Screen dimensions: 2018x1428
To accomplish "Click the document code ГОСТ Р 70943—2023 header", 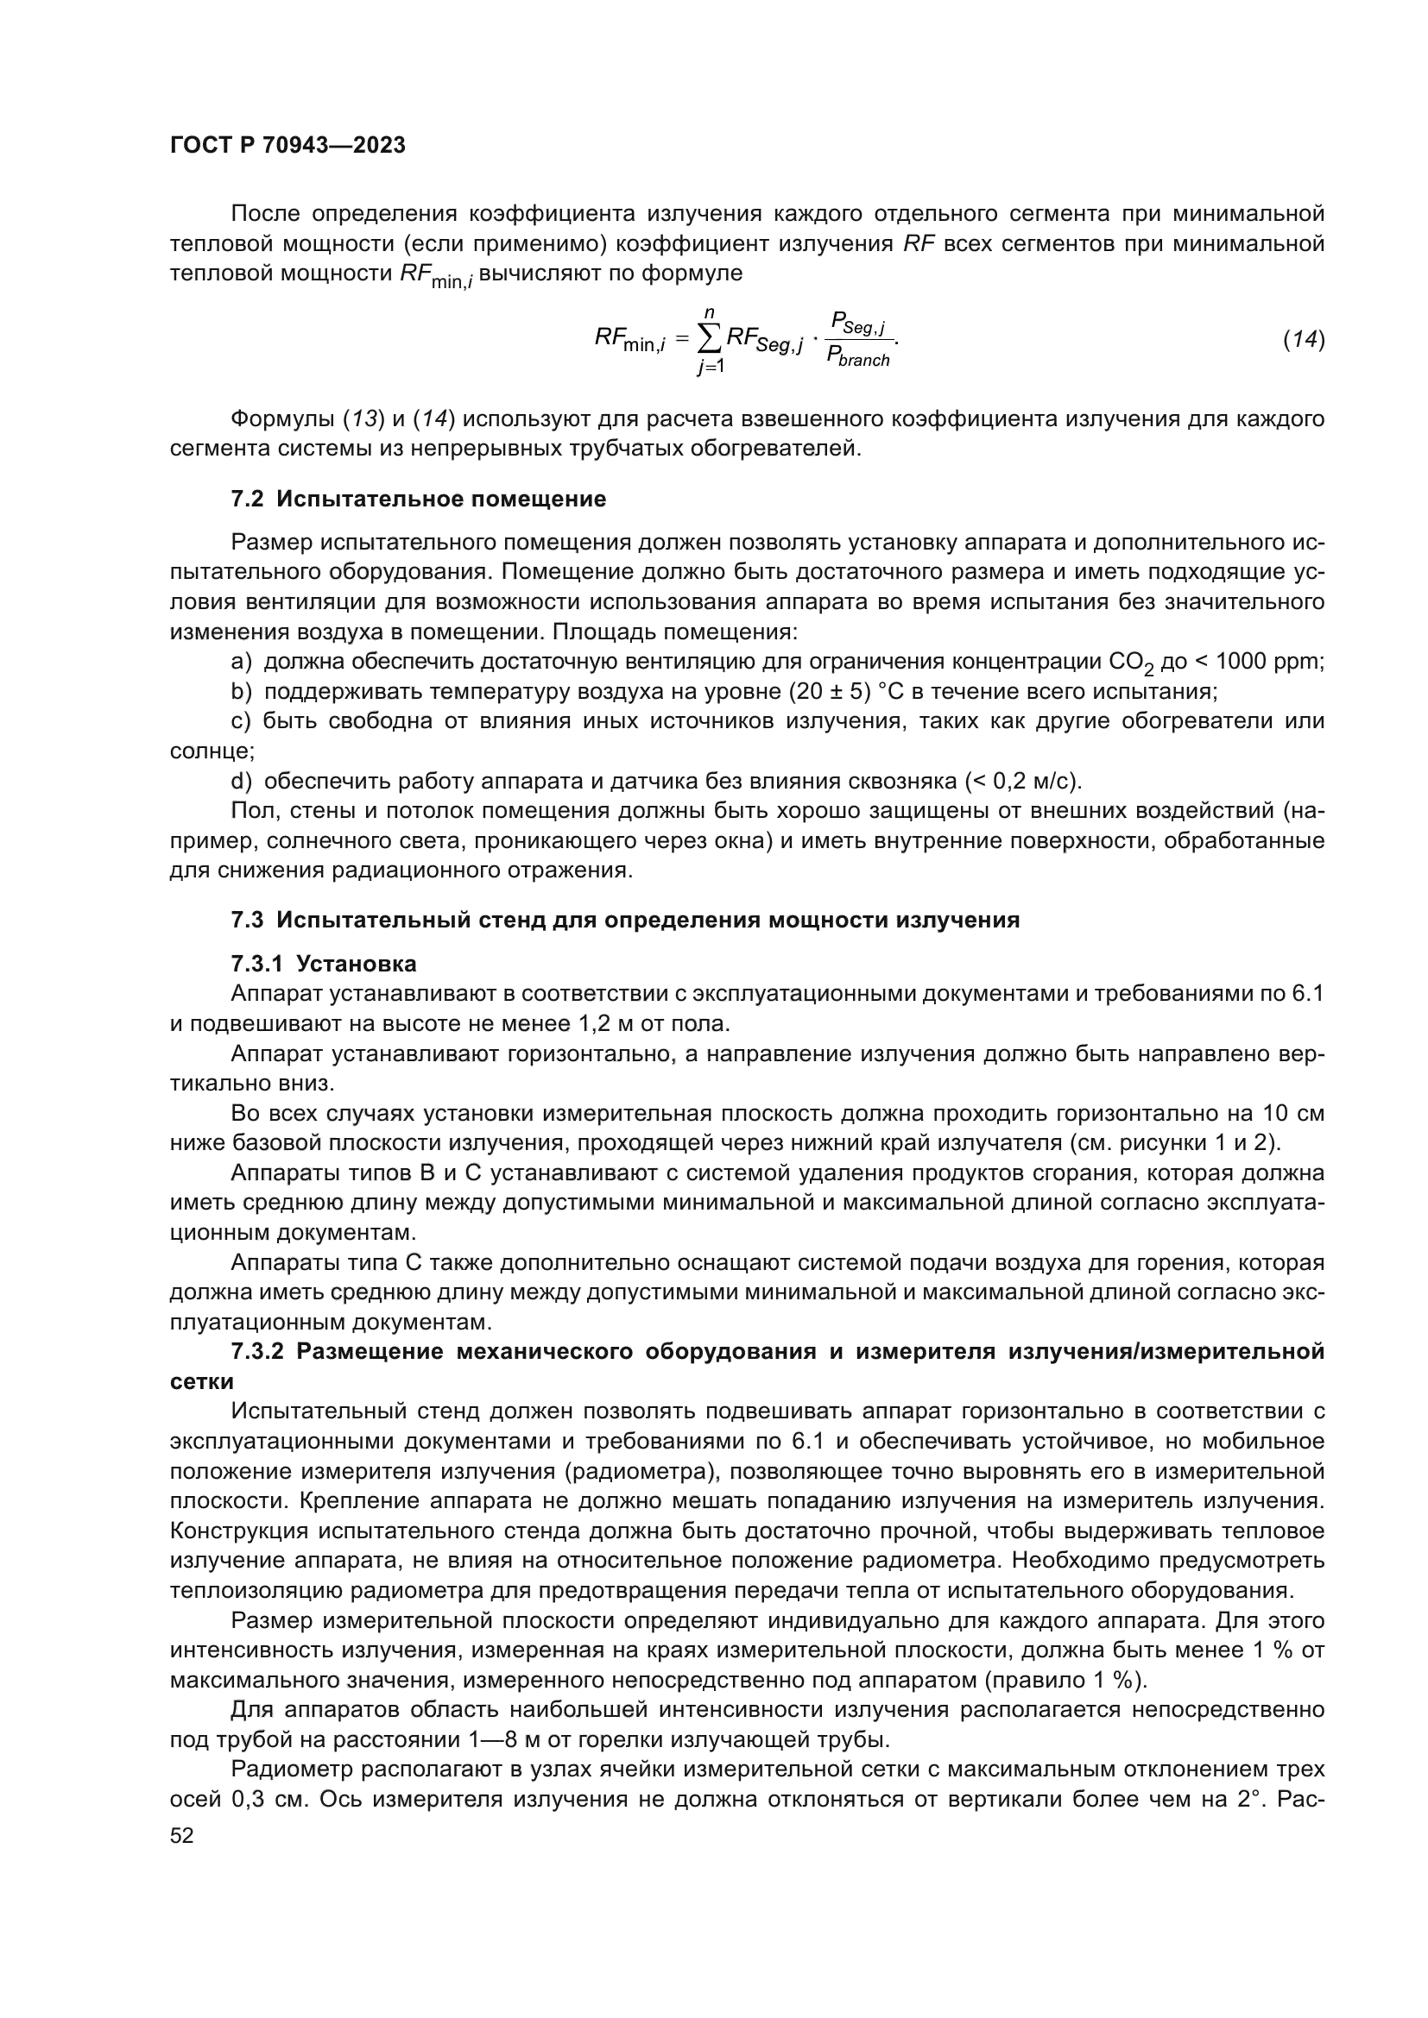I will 287,146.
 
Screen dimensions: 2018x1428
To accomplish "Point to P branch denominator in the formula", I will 858,358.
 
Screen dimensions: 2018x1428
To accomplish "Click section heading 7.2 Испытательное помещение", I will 419,500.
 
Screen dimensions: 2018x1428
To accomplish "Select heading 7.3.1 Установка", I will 324,965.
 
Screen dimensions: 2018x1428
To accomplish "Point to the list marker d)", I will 241,782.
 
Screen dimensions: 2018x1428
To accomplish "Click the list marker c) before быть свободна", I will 241,721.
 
